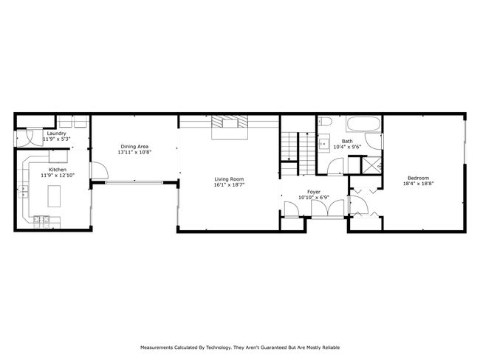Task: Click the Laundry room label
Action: [56, 134]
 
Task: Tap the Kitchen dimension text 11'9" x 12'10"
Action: [58, 176]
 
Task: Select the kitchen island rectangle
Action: [54, 196]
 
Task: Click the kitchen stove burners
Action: [41, 219]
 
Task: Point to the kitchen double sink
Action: [24, 192]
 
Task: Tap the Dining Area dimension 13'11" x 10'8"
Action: [134, 152]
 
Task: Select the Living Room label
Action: [229, 179]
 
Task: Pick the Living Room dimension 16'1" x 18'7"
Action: [229, 184]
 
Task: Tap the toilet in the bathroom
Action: [325, 122]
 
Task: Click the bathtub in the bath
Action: [363, 124]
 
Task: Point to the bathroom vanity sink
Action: [323, 143]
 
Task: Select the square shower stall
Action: [372, 165]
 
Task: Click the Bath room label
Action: [347, 141]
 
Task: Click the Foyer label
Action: [313, 192]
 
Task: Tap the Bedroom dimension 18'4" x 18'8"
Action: [418, 184]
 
